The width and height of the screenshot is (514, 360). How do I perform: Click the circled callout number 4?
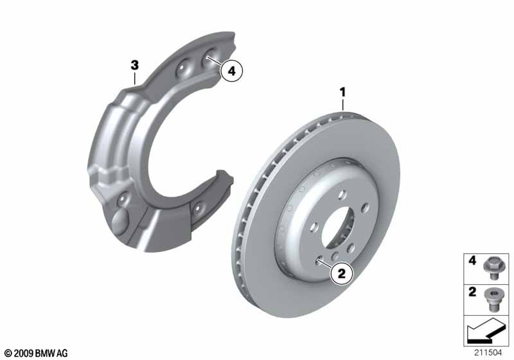pos(231,71)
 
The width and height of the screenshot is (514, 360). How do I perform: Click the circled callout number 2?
pos(342,273)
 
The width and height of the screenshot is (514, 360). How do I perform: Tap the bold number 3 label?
pos(135,65)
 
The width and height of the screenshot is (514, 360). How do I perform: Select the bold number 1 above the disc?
pos(343,93)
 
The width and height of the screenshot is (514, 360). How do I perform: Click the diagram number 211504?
pos(488,353)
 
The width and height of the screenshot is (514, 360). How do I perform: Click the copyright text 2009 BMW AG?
pos(37,353)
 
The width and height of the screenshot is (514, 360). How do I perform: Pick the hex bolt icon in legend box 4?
pos(492,268)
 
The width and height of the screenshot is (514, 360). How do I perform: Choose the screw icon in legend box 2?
pos(491,300)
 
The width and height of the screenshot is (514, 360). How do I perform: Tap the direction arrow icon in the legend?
pos(486,330)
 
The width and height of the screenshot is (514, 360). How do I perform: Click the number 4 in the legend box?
pos(472,260)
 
